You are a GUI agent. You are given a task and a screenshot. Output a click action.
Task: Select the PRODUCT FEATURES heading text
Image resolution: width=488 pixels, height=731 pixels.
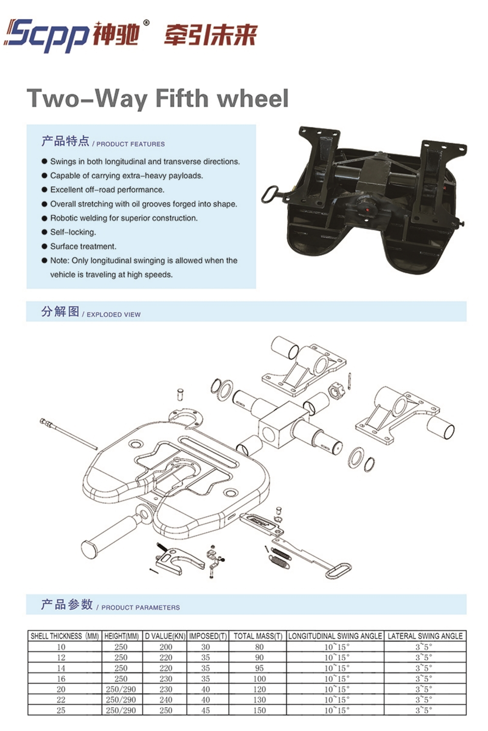(x=131, y=144)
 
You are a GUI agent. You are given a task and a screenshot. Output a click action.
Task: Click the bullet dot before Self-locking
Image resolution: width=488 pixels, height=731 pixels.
(x=45, y=232)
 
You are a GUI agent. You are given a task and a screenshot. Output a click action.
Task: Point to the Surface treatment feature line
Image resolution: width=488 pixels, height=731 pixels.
(x=83, y=246)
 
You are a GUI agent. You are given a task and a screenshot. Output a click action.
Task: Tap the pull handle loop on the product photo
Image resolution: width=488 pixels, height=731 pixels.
(x=270, y=194)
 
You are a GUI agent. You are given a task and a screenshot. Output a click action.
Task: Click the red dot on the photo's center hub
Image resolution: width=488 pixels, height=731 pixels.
(x=368, y=210)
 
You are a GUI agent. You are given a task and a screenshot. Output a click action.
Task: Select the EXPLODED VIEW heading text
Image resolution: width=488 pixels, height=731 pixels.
(x=113, y=315)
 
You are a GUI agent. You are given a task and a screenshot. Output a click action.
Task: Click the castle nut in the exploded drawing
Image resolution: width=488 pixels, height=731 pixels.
(x=335, y=391)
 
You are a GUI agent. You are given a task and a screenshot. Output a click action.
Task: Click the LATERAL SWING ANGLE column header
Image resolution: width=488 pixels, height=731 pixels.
(x=425, y=636)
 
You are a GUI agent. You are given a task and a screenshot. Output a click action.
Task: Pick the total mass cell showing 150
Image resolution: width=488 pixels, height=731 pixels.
(x=260, y=710)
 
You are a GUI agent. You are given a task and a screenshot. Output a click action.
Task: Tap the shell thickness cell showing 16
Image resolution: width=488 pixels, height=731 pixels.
(x=61, y=679)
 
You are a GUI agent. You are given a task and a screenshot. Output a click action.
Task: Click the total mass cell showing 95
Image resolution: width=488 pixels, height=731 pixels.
(x=259, y=668)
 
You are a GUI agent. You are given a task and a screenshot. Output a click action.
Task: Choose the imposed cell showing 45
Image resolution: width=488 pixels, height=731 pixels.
(x=205, y=710)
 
